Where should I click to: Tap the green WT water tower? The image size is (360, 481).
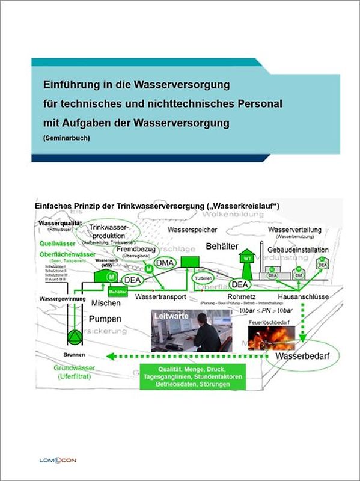click(246, 259)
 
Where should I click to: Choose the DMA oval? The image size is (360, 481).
click(165, 263)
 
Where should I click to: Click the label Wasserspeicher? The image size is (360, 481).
click(192, 230)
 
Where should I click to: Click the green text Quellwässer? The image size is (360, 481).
click(57, 244)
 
